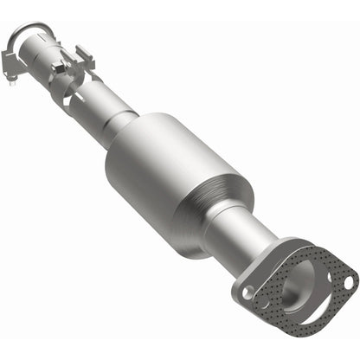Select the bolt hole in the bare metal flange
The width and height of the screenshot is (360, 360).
(x=250, y=292)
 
